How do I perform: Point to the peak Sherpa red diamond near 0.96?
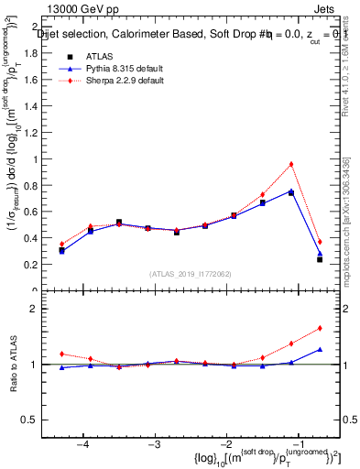(291, 164)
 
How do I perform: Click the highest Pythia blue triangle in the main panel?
(291, 191)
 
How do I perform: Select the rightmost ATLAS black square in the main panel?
(320, 259)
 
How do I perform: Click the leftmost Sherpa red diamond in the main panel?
(61, 244)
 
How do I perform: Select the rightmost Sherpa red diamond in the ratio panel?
(320, 328)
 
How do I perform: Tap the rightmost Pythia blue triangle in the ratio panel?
(320, 349)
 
